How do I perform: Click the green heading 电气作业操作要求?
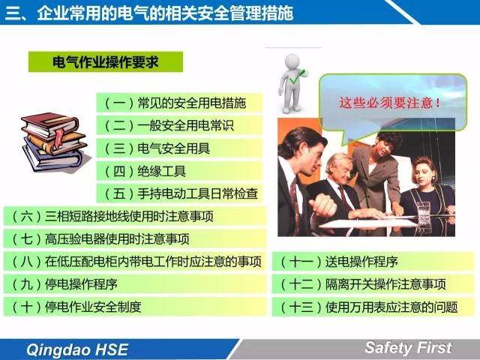[106, 62]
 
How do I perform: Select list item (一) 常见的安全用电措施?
[179, 103]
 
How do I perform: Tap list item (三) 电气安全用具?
[179, 148]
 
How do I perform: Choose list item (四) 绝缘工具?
[179, 171]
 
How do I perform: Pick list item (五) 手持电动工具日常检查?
[179, 193]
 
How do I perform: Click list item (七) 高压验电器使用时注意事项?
[135, 238]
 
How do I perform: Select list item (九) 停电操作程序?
[135, 284]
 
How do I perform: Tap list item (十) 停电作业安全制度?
[135, 307]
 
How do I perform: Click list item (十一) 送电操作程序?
[373, 262]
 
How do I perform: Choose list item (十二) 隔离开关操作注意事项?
[373, 284]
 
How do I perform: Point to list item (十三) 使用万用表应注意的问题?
[373, 307]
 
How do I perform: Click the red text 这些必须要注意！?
[390, 103]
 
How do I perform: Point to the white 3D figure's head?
[292, 61]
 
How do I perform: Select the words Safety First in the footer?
[408, 348]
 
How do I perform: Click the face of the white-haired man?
[342, 169]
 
